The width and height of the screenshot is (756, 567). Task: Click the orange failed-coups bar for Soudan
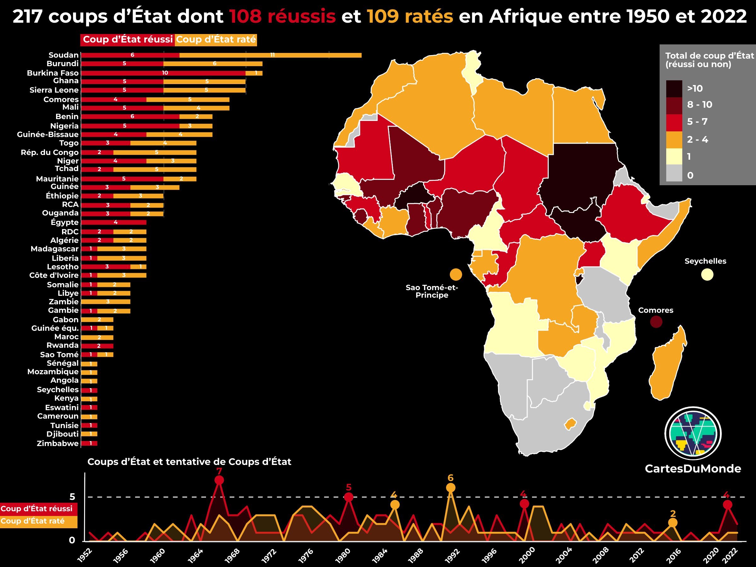point(270,55)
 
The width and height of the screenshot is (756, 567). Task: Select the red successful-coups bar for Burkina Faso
point(163,73)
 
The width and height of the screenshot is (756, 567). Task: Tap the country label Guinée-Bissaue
point(48,135)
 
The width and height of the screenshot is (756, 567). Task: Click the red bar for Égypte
point(114,222)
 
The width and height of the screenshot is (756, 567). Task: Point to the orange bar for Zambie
point(106,302)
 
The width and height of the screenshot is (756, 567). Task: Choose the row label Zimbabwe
point(58,444)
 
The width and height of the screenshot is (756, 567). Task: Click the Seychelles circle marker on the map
point(707,275)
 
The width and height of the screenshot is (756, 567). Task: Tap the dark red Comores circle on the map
point(656,322)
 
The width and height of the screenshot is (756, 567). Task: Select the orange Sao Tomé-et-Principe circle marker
point(455,274)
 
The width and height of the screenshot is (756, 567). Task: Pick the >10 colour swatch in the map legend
point(674,89)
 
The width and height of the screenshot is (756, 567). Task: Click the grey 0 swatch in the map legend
point(674,174)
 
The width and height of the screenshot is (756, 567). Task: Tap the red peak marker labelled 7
point(219,480)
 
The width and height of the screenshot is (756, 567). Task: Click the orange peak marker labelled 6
point(451,488)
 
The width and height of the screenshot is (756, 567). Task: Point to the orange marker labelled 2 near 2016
point(673,523)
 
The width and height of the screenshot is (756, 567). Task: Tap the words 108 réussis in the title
point(282,16)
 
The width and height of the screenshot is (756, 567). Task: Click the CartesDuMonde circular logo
point(693,433)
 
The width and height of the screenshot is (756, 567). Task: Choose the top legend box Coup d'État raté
point(216,40)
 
